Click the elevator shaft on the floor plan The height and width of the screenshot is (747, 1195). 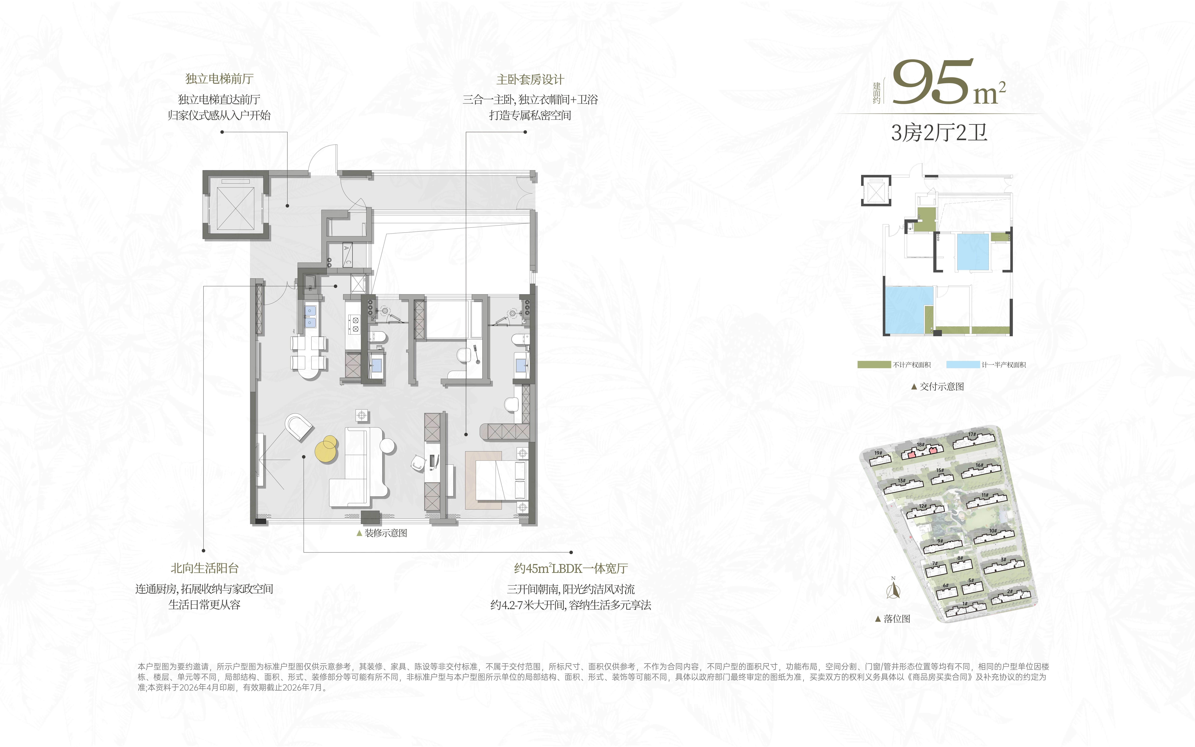click(236, 205)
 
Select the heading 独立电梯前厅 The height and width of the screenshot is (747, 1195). click(219, 79)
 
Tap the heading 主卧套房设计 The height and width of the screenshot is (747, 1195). click(530, 80)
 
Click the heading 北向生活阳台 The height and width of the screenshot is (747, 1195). click(205, 568)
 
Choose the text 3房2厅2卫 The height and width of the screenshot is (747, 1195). click(939, 133)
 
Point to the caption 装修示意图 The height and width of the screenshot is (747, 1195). click(382, 533)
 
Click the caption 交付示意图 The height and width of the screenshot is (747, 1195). click(938, 386)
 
